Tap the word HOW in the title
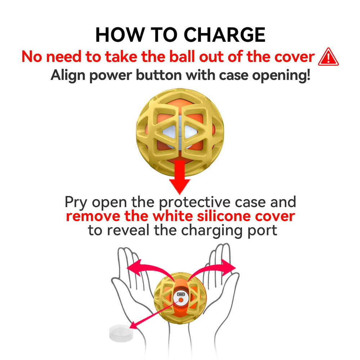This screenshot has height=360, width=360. (118, 35)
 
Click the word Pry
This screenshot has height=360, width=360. (76, 202)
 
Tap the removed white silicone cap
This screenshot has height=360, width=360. (119, 333)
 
